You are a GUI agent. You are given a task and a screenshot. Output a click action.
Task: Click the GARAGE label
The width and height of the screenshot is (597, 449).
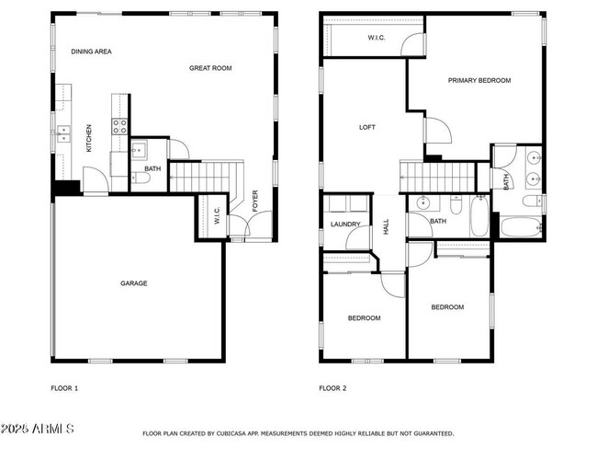pyautogui.click(x=134, y=283)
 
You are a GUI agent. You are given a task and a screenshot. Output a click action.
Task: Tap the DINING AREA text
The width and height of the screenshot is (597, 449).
pyautogui.click(x=92, y=52)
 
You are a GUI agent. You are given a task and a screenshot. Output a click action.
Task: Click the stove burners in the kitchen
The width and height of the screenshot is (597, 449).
pyautogui.click(x=119, y=127)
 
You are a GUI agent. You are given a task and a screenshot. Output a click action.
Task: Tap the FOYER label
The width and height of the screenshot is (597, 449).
pyautogui.click(x=255, y=201)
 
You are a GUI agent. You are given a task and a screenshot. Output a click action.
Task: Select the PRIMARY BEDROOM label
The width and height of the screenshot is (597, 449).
pyautogui.click(x=479, y=81)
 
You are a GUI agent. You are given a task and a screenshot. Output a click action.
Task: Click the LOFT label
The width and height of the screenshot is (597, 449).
pyautogui.click(x=366, y=128)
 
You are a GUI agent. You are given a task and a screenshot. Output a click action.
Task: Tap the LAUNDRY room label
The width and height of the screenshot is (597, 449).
pyautogui.click(x=345, y=224)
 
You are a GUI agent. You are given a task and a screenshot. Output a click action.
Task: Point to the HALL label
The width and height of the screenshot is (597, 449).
pyautogui.click(x=386, y=226)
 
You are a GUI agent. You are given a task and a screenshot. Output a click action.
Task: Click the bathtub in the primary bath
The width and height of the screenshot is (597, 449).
pyautogui.click(x=520, y=226)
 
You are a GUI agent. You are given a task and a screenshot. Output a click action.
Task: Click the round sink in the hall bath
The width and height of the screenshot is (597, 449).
pyautogui.click(x=424, y=203)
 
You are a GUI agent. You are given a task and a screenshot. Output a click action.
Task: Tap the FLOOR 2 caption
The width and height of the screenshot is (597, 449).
pyautogui.click(x=332, y=388)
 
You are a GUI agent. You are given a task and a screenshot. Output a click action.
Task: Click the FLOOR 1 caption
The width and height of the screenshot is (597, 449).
pyautogui.click(x=64, y=388)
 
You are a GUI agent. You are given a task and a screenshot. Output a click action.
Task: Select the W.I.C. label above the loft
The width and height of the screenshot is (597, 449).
pyautogui.click(x=377, y=38)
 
